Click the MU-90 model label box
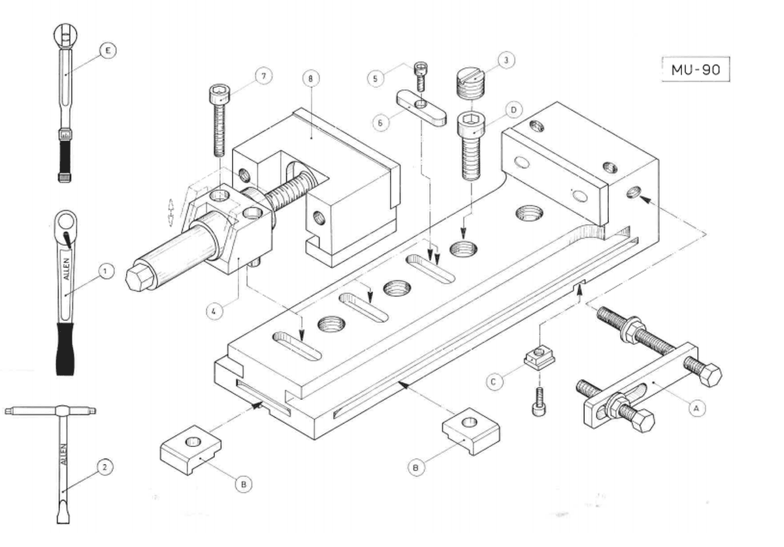pyautogui.click(x=695, y=69)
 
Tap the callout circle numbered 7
pyautogui.click(x=264, y=76)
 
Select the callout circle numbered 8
pyautogui.click(x=312, y=78)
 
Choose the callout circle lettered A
pyautogui.click(x=696, y=408)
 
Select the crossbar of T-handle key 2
pyautogui.click(x=50, y=411)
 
